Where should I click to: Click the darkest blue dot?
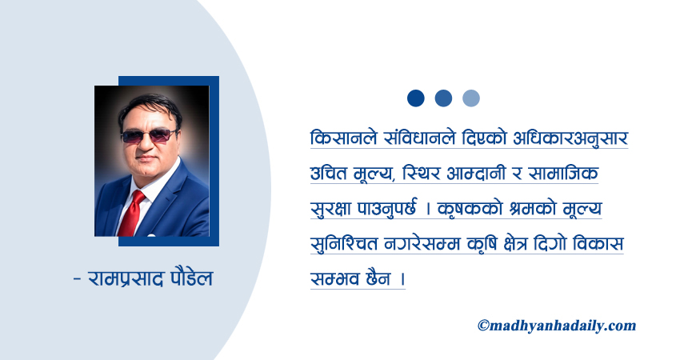[x=416, y=98]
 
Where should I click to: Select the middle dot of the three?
[x=443, y=98]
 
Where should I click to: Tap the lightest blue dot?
[x=471, y=98]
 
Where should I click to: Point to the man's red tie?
[x=133, y=212]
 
